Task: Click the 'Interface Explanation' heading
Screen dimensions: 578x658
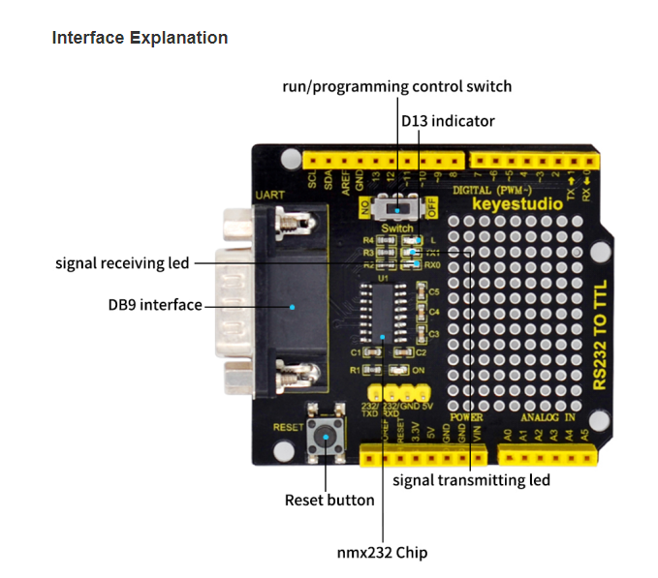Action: (140, 39)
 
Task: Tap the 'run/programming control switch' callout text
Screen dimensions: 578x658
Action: (396, 86)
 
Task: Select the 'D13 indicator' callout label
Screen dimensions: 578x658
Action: (448, 121)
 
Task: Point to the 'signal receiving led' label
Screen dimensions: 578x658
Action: (122, 262)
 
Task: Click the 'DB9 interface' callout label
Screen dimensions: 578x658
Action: (154, 305)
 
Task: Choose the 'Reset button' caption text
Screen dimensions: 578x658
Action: (329, 500)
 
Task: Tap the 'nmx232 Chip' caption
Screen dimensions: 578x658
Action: (383, 552)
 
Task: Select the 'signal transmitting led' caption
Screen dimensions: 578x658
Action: (471, 479)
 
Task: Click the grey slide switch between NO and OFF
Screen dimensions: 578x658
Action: (399, 206)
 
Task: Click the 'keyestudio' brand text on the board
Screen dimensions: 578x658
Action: (510, 204)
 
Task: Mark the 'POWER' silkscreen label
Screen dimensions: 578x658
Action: (466, 417)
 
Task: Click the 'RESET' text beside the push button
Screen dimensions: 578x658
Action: (288, 425)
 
